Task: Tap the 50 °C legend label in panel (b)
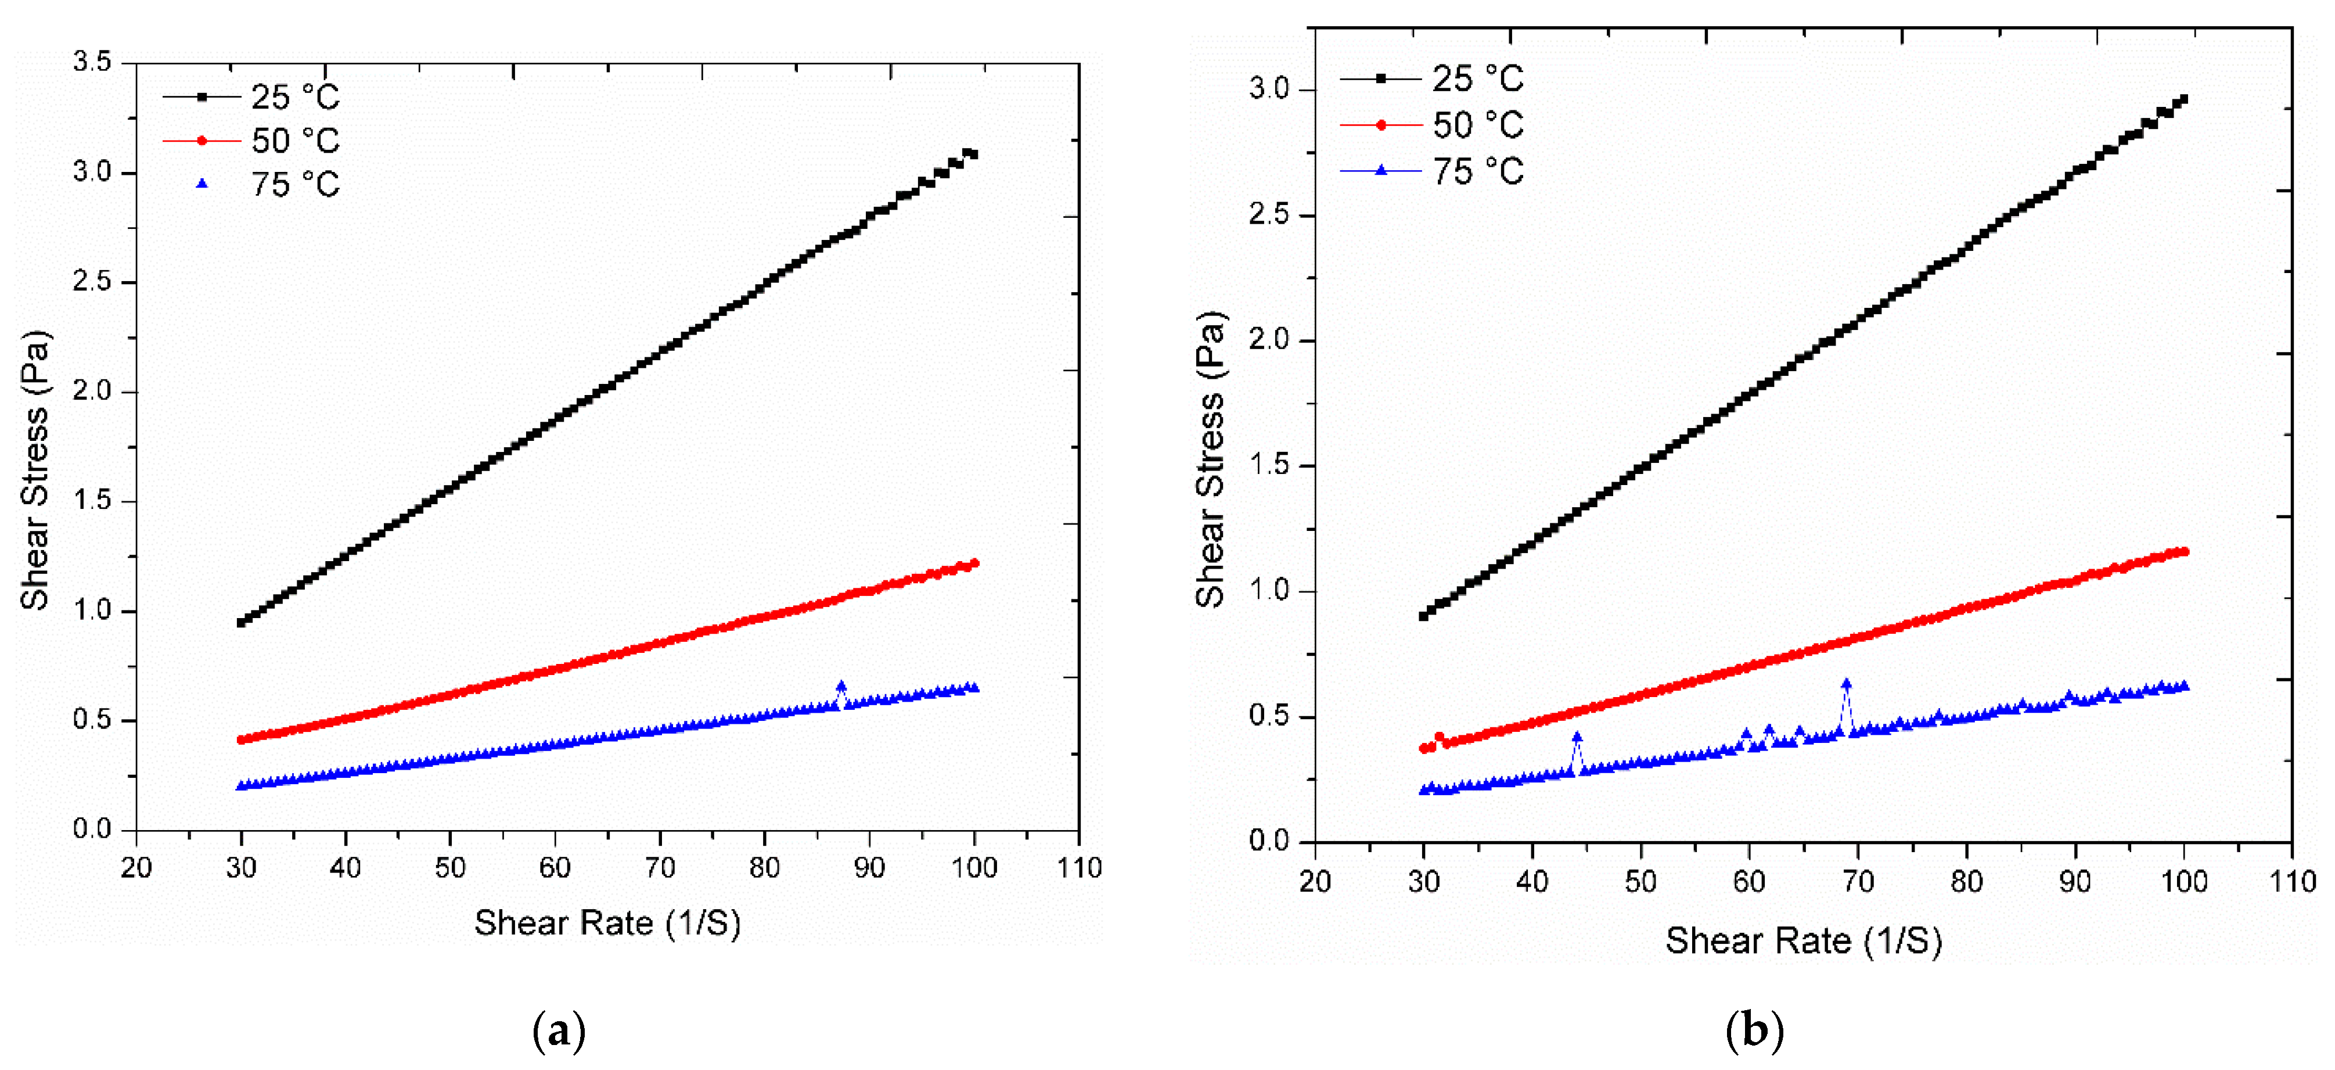click(1477, 125)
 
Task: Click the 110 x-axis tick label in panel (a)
click(1079, 868)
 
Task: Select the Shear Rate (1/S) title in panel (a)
click(607, 923)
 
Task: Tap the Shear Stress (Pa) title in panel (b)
click(1211, 459)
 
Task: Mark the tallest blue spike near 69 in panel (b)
click(1847, 685)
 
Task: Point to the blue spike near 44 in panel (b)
click(1577, 738)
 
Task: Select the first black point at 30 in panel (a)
click(241, 622)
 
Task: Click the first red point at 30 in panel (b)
click(1424, 748)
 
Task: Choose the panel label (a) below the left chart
click(559, 1031)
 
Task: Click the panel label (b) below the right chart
click(1754, 1031)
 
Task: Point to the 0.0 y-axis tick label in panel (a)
click(92, 829)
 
